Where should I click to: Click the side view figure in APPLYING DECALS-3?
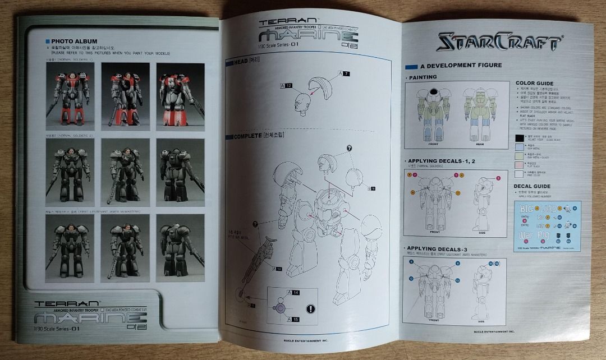tap(481, 288)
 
